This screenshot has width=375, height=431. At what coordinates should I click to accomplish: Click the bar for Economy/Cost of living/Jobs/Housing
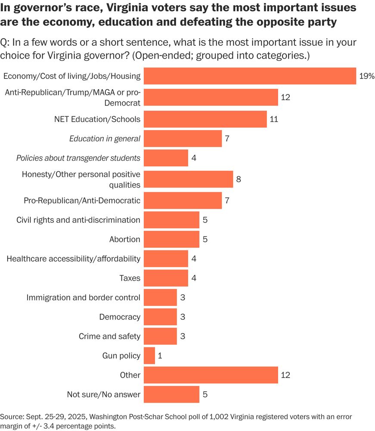tap(250, 76)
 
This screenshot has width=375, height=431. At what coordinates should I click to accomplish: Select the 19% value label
tap(366, 76)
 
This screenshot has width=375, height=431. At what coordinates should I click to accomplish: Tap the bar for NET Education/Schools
tap(205, 119)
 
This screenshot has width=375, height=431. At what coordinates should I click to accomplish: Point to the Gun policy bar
tap(149, 356)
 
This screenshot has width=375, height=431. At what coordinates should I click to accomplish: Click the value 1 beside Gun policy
tap(160, 356)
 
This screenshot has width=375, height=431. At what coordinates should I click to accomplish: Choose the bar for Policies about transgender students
tap(166, 158)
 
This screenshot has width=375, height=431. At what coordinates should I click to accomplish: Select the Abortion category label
tap(124, 239)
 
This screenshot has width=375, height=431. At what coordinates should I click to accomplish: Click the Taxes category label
tap(130, 278)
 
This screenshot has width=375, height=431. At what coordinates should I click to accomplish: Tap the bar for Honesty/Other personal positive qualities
tap(188, 179)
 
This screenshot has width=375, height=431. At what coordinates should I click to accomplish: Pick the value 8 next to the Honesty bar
tap(238, 179)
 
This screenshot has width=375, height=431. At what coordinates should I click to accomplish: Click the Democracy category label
tap(120, 317)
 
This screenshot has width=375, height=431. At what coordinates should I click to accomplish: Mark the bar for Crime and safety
tap(160, 336)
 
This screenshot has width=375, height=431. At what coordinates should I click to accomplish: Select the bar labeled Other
tap(211, 375)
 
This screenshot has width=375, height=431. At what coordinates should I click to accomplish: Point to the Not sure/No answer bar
tap(171, 394)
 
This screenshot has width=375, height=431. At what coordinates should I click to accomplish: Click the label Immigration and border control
tap(84, 297)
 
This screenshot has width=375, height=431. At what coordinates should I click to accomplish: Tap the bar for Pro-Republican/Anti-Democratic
tap(183, 200)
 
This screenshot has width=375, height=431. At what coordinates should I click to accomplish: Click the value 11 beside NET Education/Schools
tap(274, 119)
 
